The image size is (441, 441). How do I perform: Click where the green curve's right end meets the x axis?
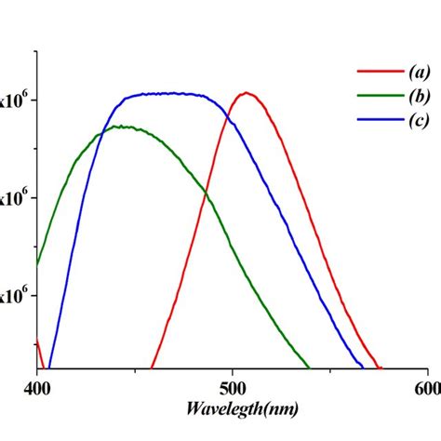coord(308,367)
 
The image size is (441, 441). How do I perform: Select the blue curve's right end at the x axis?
coord(363,367)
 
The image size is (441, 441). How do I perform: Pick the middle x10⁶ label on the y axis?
coord(19,197)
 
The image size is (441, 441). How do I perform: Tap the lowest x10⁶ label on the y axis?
coord(19,295)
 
